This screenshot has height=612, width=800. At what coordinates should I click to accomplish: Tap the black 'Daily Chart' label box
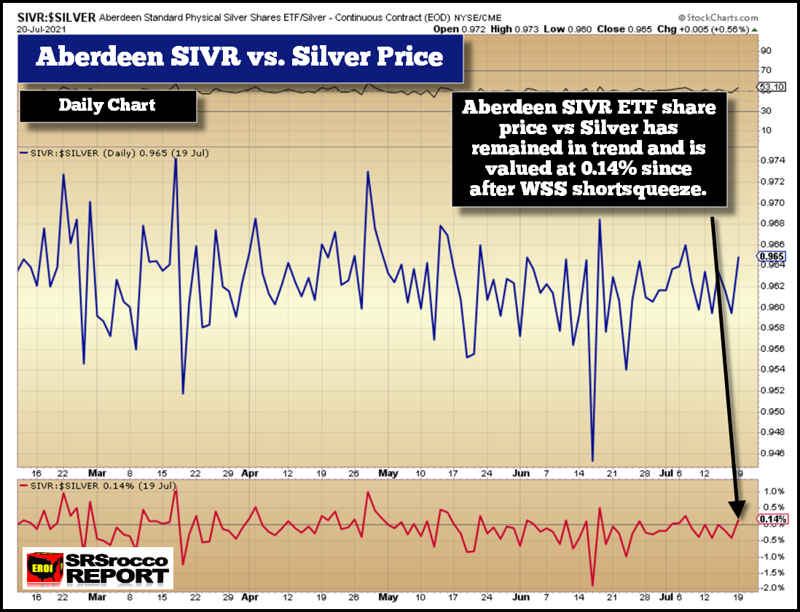[x=107, y=105]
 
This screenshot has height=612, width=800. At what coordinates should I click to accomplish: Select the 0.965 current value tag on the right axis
[x=771, y=256]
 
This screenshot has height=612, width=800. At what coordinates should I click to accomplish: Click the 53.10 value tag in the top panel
[x=772, y=87]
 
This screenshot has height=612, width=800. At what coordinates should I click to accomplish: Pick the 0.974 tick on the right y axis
[x=771, y=160]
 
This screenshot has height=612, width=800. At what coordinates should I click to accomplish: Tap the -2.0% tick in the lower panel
[x=773, y=588]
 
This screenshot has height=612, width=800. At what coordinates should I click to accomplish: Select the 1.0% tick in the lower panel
[x=773, y=491]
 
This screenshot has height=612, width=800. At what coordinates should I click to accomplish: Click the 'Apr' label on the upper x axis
[x=249, y=473]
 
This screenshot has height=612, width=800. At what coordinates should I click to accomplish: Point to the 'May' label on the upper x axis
[x=388, y=473]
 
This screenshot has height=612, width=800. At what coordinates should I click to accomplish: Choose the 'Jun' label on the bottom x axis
[x=522, y=597]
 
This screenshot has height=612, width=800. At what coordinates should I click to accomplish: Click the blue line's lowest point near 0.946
[x=592, y=460]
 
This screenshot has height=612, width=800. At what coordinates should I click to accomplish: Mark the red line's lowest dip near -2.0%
[x=592, y=585]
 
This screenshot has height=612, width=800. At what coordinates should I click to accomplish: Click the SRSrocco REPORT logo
[x=98, y=569]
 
